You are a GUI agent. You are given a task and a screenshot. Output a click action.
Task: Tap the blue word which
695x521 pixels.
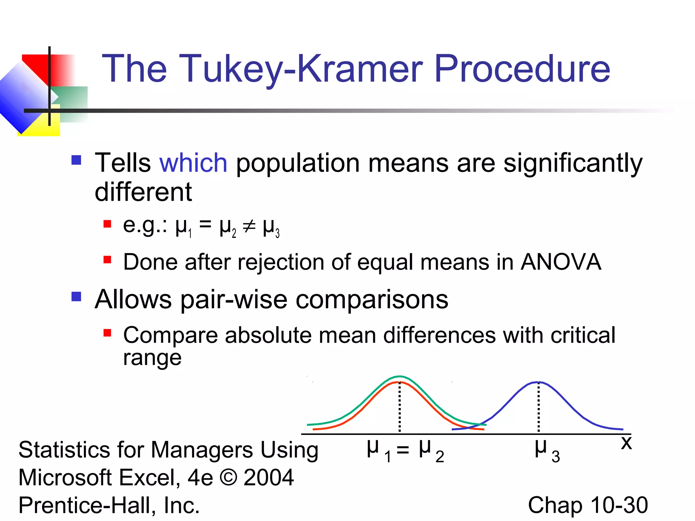193,163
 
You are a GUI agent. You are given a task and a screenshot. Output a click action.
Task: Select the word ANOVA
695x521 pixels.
561,262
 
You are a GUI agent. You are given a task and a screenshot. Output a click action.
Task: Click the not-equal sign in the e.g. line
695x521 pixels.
249,227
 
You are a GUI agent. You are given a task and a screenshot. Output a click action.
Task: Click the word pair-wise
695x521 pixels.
234,300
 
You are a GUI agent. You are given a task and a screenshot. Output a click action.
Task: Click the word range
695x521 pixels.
152,358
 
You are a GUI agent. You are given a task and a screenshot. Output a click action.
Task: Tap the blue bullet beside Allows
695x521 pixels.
76,296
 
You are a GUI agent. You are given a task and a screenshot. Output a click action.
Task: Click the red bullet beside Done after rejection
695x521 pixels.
108,260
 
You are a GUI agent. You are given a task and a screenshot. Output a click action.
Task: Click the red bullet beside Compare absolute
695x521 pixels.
108,333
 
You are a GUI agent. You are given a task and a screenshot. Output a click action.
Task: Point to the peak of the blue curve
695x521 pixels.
538,382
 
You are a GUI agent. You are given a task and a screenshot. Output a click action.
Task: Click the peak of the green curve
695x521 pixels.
400,376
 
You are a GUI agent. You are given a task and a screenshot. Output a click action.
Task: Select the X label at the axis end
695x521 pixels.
626,443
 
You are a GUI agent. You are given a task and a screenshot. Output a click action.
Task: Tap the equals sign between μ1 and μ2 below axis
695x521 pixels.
403,450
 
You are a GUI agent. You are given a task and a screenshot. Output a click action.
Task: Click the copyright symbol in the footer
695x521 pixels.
228,478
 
